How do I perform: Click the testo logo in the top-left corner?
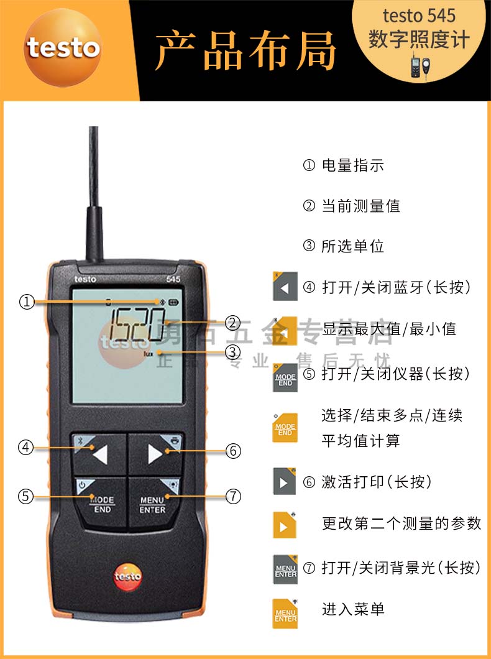62,48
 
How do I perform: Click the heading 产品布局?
245,50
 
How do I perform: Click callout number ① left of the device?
26,302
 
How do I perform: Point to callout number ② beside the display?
233,323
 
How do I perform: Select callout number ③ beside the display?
233,353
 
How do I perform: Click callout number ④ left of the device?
26,447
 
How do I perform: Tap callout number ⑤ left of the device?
26,496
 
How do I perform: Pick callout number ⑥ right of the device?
233,451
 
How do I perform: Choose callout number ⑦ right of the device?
233,496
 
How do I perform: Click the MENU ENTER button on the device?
153,504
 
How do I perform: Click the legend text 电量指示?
352,165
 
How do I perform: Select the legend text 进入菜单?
352,609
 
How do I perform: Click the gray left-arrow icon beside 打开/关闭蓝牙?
285,287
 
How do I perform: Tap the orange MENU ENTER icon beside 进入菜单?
285,614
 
